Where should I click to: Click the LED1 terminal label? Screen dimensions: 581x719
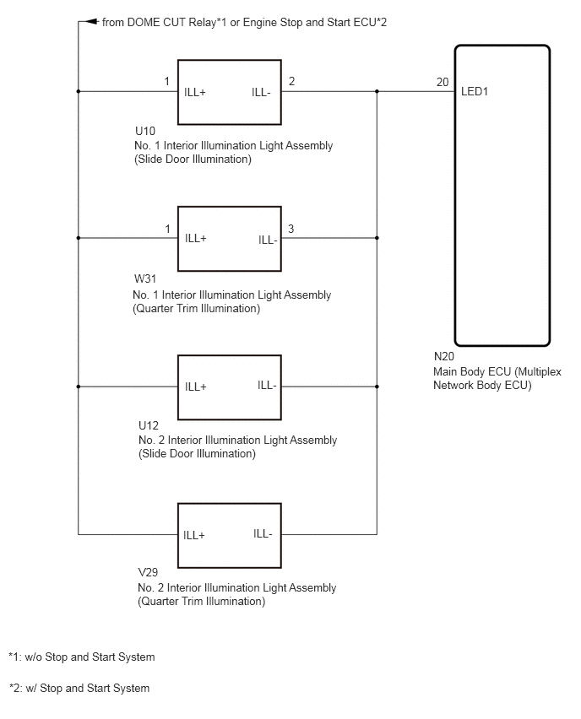click(474, 91)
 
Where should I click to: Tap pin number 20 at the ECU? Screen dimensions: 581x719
click(443, 82)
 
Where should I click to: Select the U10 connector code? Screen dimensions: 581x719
click(145, 131)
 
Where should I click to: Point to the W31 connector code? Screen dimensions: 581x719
click(145, 278)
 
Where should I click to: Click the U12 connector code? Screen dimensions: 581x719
click(149, 425)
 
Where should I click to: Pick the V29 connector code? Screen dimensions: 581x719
click(148, 572)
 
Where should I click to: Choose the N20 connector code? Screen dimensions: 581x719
click(444, 356)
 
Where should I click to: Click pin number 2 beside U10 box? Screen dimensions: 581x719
click(291, 81)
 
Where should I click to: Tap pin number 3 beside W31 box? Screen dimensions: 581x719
click(291, 229)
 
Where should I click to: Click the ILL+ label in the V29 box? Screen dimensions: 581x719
click(194, 535)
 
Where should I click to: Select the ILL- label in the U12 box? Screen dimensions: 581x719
click(267, 385)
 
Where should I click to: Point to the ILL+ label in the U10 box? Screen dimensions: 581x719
click(195, 92)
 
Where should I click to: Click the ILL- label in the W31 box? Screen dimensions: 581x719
click(268, 240)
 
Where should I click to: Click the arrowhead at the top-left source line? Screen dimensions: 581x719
click(92, 21)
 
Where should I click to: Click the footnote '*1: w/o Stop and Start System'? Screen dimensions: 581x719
click(82, 657)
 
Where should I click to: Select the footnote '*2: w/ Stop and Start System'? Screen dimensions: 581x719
click(79, 688)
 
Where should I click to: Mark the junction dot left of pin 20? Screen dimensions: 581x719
click(377, 91)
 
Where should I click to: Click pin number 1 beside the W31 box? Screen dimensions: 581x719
click(167, 229)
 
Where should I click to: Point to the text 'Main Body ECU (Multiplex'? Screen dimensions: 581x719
click(497, 371)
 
